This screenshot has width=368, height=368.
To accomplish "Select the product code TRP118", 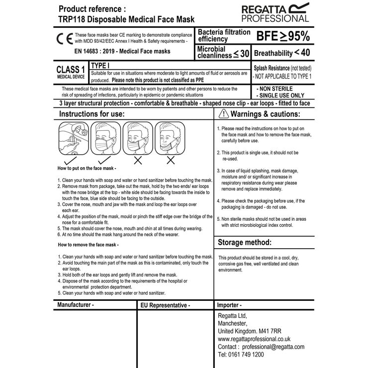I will (x=72, y=19).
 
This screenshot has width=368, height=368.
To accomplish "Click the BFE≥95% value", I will (x=282, y=36).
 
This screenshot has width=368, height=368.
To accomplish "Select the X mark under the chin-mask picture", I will (x=170, y=160).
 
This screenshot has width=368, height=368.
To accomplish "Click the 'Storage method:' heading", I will (x=245, y=243).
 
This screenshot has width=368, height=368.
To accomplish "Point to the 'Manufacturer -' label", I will (x=76, y=304).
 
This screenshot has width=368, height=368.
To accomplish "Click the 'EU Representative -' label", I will (x=165, y=305).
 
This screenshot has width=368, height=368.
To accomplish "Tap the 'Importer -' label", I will (x=230, y=305).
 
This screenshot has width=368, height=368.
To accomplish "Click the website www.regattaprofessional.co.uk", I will (x=254, y=339).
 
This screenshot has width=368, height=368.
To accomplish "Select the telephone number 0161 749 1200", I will (x=241, y=355).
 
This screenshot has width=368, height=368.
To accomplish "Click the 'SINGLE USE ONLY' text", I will (x=280, y=95).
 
